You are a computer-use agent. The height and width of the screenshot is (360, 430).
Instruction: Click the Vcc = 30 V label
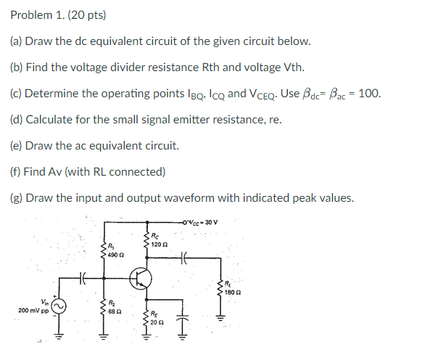coord(205,221)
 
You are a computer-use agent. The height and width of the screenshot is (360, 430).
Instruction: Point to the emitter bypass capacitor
coord(181,314)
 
